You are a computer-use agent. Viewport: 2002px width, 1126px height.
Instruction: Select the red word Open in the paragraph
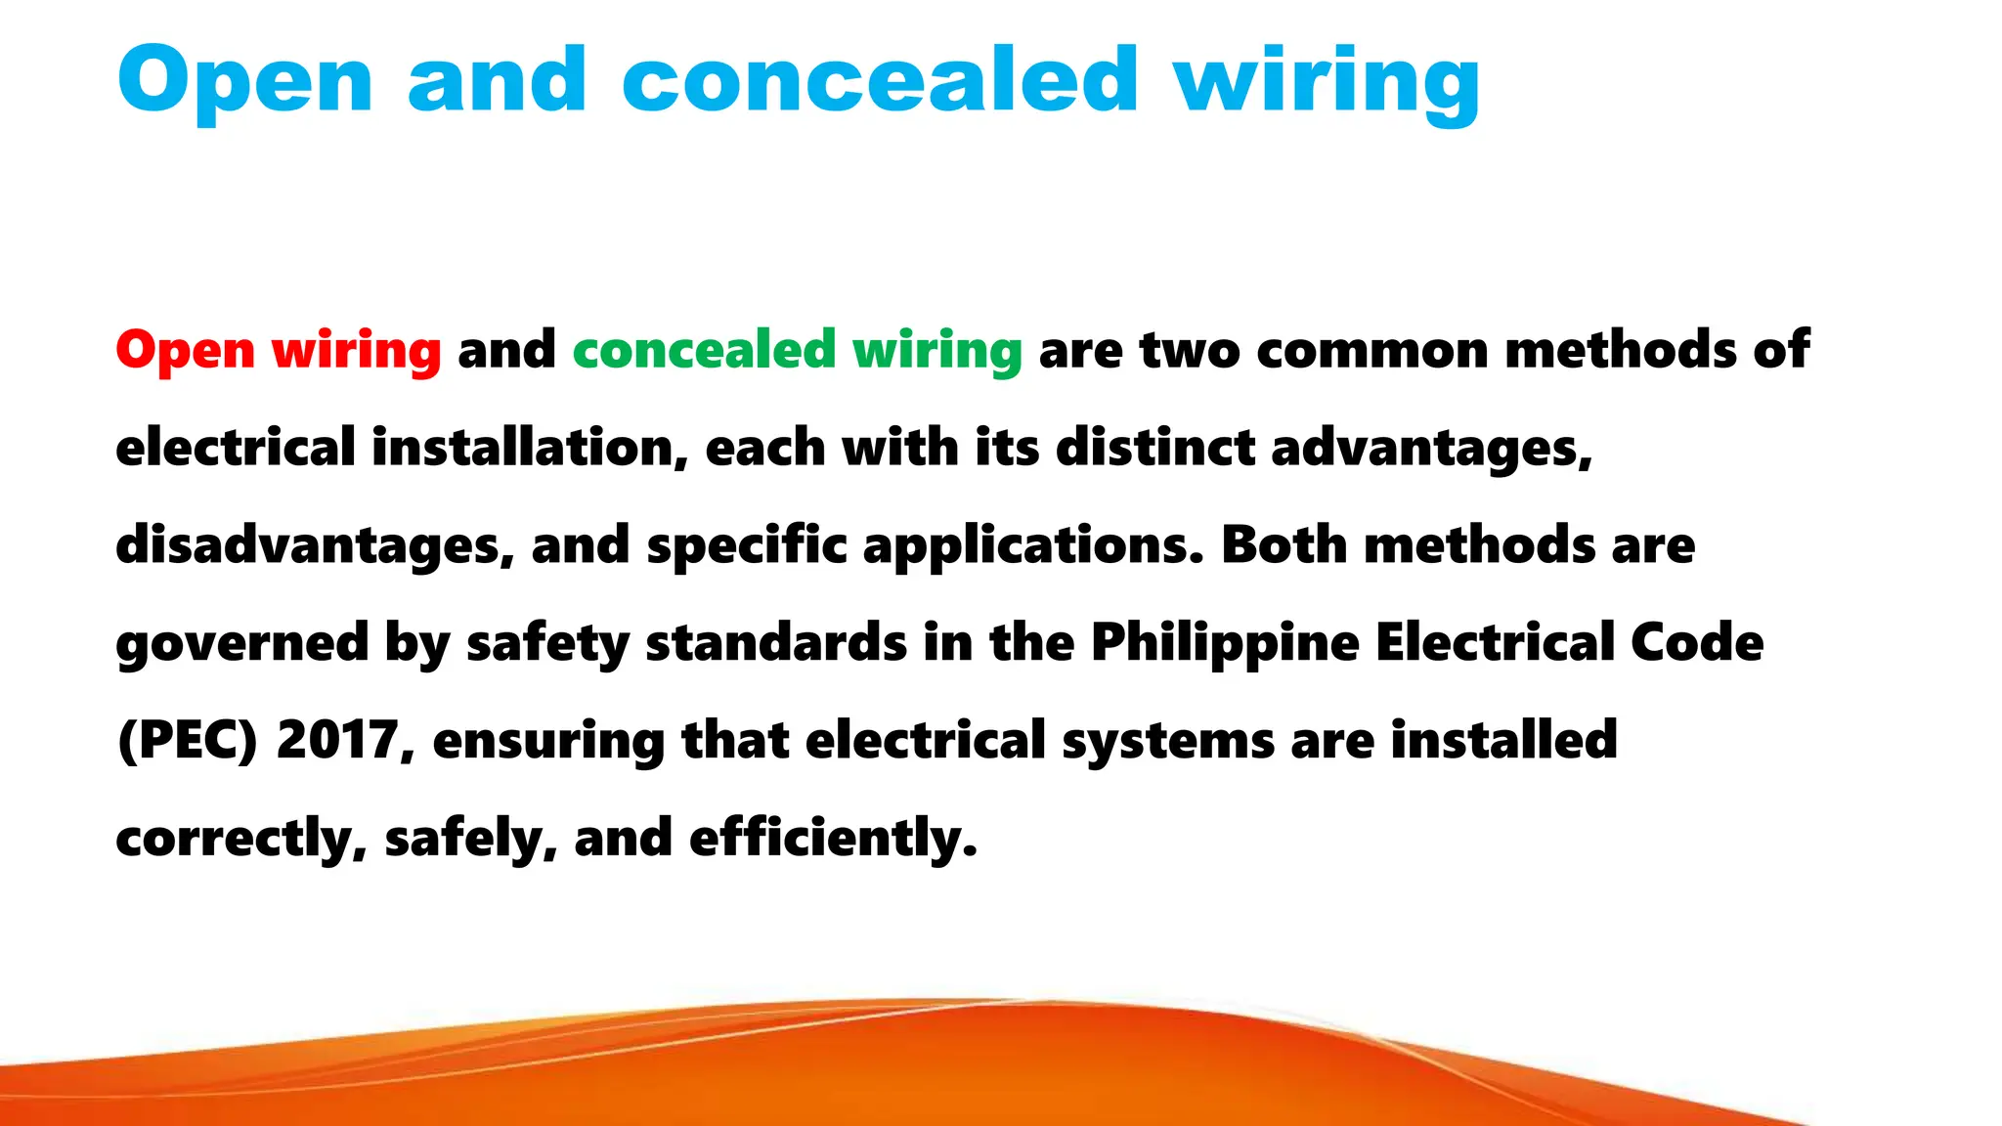[185, 350]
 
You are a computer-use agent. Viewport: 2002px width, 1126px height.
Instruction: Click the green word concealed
[704, 350]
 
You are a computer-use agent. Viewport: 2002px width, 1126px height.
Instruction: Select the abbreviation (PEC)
[187, 740]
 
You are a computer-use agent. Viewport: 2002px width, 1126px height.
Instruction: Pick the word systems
[1168, 742]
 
